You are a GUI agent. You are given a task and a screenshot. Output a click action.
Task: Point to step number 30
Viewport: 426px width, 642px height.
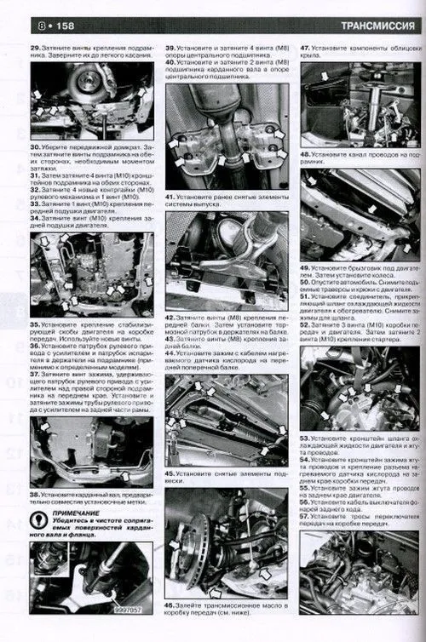click(36, 146)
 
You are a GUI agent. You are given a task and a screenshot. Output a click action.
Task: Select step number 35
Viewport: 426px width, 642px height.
click(36, 324)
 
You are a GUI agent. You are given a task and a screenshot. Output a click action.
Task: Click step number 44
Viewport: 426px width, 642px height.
click(171, 352)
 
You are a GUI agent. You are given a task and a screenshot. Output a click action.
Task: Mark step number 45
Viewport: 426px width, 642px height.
click(171, 473)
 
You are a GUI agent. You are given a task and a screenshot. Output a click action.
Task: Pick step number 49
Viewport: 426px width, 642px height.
click(306, 267)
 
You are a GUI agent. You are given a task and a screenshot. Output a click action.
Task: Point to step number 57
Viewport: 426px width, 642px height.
click(306, 515)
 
